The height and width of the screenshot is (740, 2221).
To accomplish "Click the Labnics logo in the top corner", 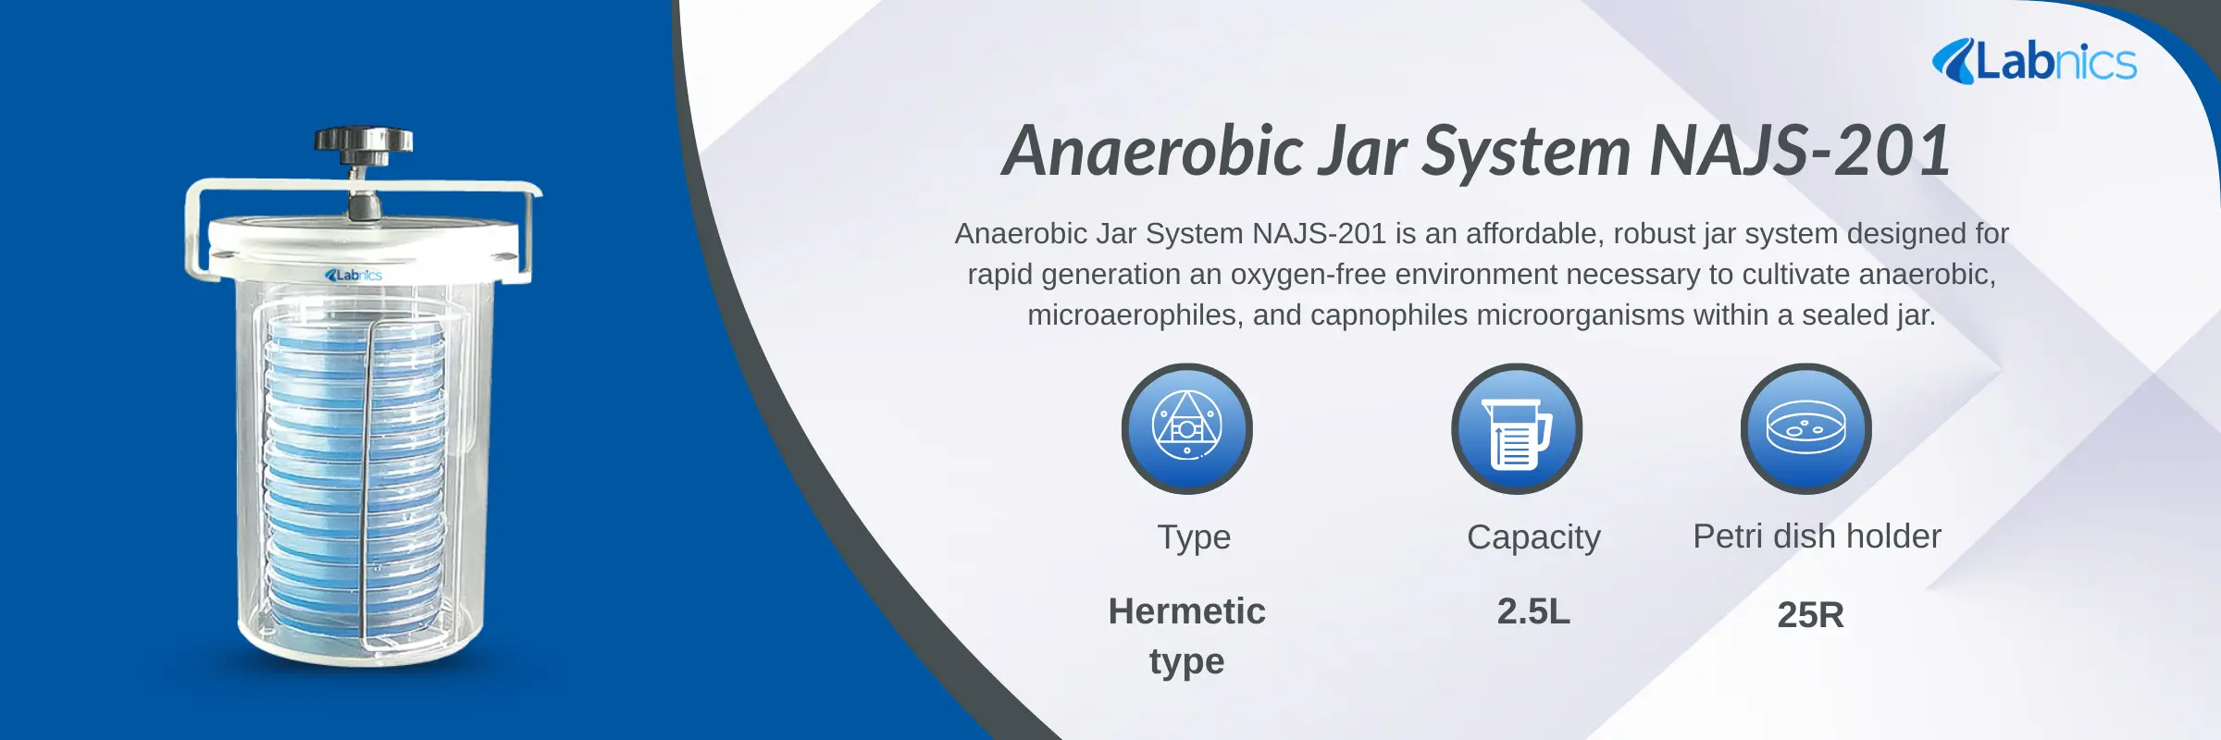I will (2034, 63).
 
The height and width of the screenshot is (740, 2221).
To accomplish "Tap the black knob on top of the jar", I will (363, 142).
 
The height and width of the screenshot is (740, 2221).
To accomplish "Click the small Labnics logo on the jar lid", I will (354, 275).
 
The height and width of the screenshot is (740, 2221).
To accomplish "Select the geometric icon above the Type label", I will (1186, 428).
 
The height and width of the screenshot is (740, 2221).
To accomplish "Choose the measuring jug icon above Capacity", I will (1516, 428).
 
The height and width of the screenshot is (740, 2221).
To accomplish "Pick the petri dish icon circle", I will (1805, 428).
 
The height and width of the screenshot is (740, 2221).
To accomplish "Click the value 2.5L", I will (1533, 611).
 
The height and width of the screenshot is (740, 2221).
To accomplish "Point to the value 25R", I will (1810, 615).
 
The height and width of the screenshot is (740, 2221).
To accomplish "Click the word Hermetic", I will (1186, 611).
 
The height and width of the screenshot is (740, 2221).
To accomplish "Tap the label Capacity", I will (1533, 537).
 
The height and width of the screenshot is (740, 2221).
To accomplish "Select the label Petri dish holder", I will (1817, 536).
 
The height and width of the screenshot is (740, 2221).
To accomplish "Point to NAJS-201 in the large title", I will (1800, 151).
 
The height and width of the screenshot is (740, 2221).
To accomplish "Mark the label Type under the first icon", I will (1194, 537).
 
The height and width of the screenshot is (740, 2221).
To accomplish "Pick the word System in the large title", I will (1526, 151).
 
